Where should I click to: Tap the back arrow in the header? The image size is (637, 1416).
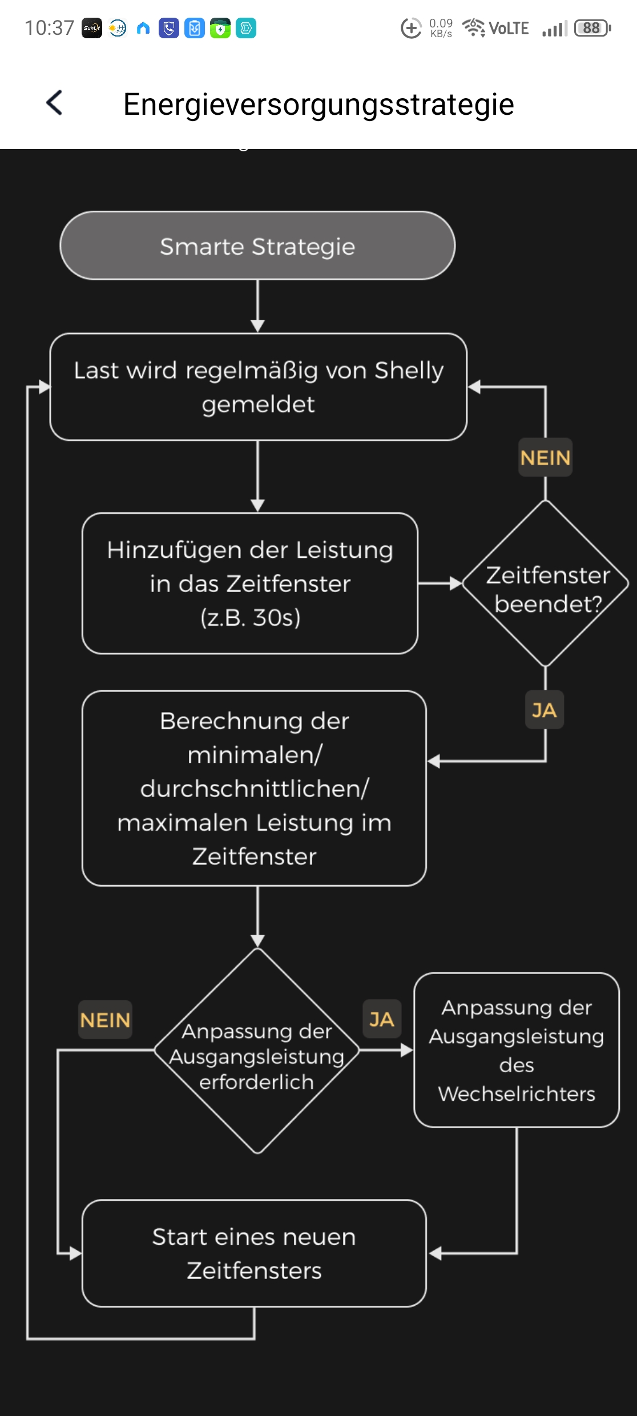point(54,103)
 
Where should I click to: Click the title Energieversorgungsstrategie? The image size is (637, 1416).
point(318,104)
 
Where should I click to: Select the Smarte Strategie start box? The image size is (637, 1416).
point(257,246)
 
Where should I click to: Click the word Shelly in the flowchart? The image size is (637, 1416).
point(409,371)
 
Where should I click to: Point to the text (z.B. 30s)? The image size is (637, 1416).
point(251,617)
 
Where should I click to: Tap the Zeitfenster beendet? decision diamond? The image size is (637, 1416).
point(546,584)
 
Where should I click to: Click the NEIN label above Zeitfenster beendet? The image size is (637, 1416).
point(545,457)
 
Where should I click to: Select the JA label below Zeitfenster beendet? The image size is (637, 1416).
point(544,710)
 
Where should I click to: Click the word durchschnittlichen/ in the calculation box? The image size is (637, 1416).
point(255,789)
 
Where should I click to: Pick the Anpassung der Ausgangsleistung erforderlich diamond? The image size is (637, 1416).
point(257,1051)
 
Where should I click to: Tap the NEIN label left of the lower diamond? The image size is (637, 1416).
point(105,1020)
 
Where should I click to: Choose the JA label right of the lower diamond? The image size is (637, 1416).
point(382,1019)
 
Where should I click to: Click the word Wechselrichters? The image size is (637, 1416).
point(517,1094)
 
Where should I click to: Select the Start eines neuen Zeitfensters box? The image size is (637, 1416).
point(254,1253)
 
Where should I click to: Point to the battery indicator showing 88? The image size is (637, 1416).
point(592,28)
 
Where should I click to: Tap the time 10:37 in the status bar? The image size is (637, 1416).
point(50,28)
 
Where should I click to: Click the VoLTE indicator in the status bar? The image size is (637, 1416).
point(509,28)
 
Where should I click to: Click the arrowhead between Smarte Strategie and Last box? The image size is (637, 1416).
point(257,325)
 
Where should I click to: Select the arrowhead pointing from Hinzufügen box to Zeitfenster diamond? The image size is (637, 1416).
point(455,584)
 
